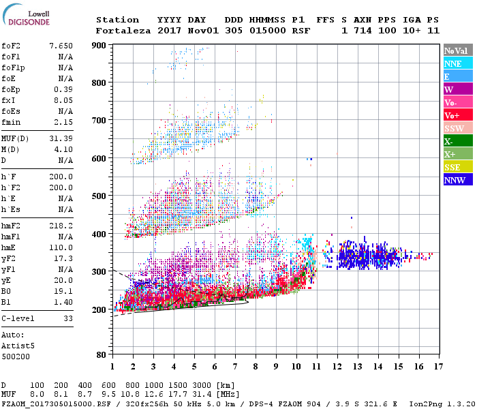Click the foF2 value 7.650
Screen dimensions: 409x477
click(x=61, y=46)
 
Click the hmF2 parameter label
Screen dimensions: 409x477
click(x=12, y=225)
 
